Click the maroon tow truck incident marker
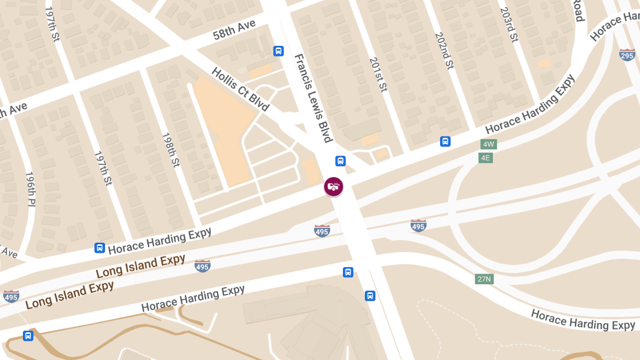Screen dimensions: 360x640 334,187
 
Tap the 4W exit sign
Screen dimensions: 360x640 488,145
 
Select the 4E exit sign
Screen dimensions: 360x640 485,158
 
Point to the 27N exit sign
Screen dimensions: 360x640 484,279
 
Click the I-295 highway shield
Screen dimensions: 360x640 627,55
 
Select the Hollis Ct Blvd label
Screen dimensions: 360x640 240,89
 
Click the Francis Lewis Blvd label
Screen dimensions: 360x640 314,98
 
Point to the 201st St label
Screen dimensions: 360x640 378,75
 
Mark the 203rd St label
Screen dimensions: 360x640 509,25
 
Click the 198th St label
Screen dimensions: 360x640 171,150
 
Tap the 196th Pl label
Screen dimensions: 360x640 31,190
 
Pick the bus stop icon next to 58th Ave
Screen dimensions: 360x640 278,51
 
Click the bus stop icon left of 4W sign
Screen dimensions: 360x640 445,141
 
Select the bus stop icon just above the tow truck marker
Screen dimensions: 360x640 340,161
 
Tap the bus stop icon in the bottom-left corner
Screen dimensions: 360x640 28,336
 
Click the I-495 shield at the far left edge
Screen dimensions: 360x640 11,296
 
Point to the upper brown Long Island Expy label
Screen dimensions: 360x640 140,266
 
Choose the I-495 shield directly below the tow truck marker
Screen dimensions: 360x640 322,230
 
